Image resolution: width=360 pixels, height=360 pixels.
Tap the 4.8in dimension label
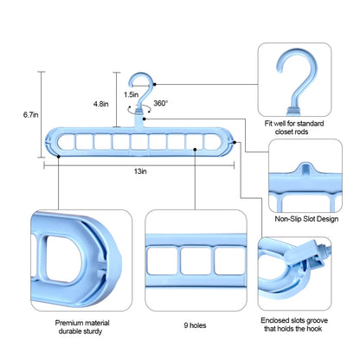pyautogui.click(x=101, y=104)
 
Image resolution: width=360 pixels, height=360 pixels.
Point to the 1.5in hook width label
pyautogui.click(x=130, y=93)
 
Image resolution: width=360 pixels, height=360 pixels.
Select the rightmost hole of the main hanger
pyautogui.click(x=213, y=141)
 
